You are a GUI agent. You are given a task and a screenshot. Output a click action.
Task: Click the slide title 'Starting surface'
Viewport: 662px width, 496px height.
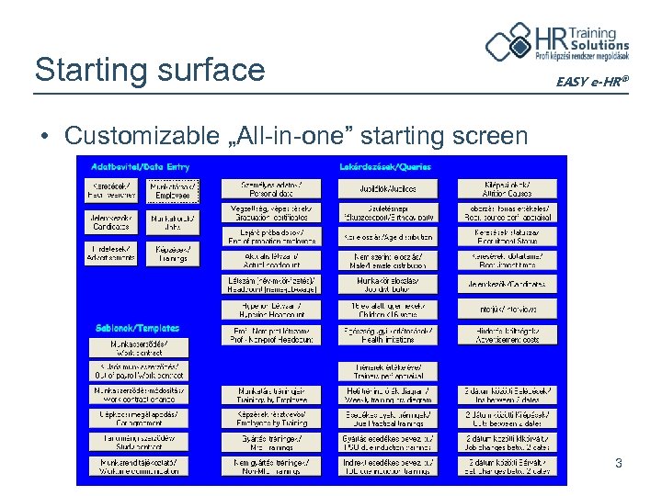pos(149,69)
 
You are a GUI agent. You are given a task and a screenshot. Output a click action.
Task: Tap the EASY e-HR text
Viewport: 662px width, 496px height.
pos(592,83)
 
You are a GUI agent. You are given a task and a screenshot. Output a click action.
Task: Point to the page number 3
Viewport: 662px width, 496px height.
pos(619,464)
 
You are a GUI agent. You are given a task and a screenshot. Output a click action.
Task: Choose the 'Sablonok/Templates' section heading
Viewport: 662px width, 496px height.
pos(137,328)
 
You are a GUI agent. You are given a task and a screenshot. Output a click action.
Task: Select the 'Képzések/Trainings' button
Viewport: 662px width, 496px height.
pos(173,253)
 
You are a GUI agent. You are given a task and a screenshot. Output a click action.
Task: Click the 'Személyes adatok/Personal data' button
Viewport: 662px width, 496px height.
pos(270,188)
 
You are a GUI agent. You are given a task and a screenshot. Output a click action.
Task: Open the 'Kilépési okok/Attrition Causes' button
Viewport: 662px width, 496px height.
pos(508,188)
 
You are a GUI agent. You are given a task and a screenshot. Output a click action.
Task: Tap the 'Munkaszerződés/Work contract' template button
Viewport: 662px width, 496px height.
pos(138,348)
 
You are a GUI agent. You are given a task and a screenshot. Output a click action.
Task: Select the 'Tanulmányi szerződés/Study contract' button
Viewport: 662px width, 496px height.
pos(138,443)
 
